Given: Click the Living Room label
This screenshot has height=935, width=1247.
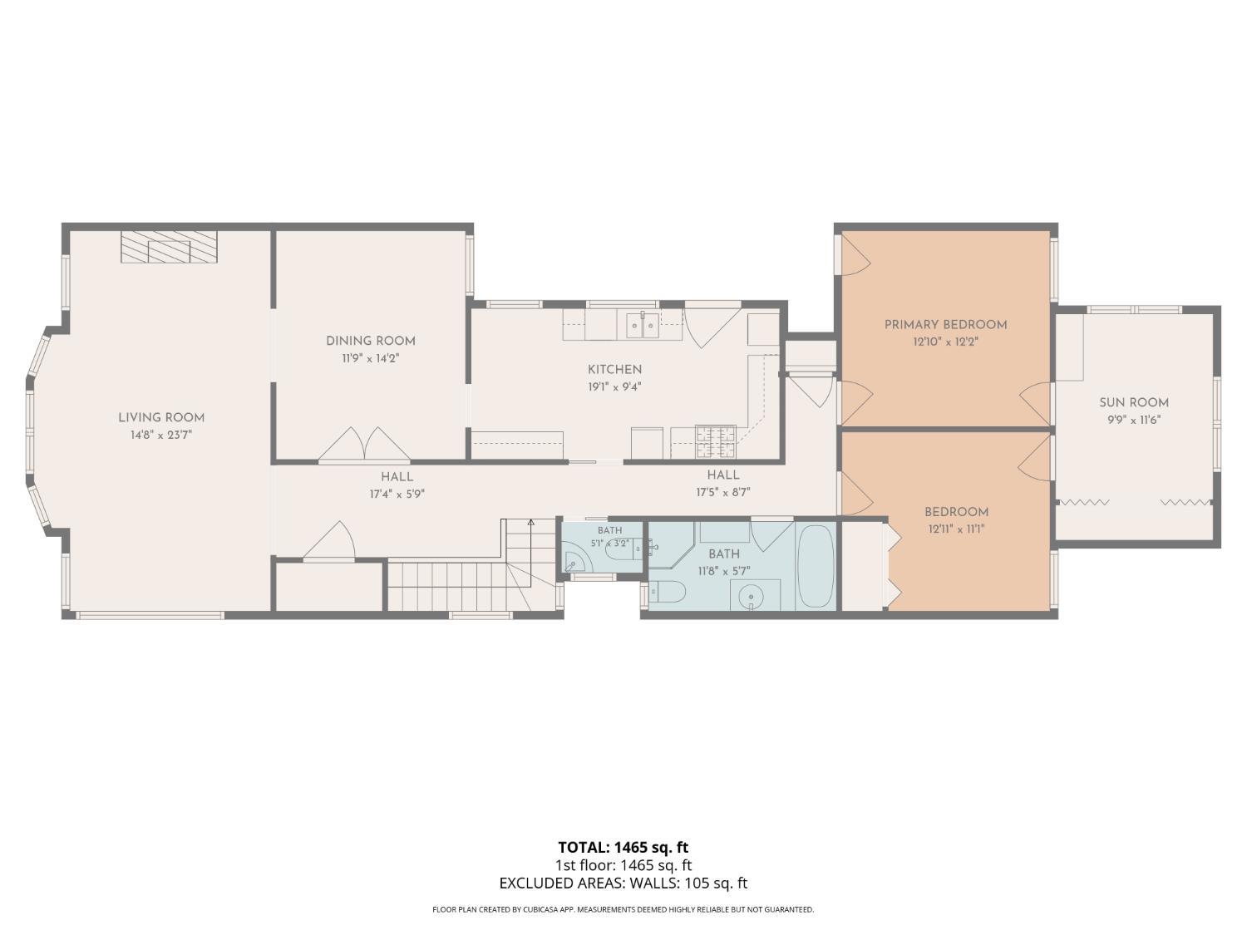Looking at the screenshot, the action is [x=161, y=418].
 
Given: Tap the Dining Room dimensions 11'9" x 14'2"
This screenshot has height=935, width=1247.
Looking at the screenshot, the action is [x=371, y=359].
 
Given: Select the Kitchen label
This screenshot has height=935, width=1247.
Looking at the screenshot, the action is [x=614, y=370].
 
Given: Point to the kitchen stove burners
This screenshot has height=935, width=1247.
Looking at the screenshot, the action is [x=716, y=441].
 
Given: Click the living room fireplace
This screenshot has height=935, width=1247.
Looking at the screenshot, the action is [x=169, y=247].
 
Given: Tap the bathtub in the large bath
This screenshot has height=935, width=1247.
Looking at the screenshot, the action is [x=816, y=567].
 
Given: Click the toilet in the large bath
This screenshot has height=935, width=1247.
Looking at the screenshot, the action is [x=667, y=592].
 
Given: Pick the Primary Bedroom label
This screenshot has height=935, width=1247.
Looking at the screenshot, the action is [x=945, y=325].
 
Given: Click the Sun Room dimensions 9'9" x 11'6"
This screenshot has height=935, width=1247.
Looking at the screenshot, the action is [x=1133, y=420].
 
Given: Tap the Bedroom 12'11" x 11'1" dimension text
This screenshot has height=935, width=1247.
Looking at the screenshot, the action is [x=957, y=529].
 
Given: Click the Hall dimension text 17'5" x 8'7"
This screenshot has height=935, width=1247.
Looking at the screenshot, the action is [x=723, y=492].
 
